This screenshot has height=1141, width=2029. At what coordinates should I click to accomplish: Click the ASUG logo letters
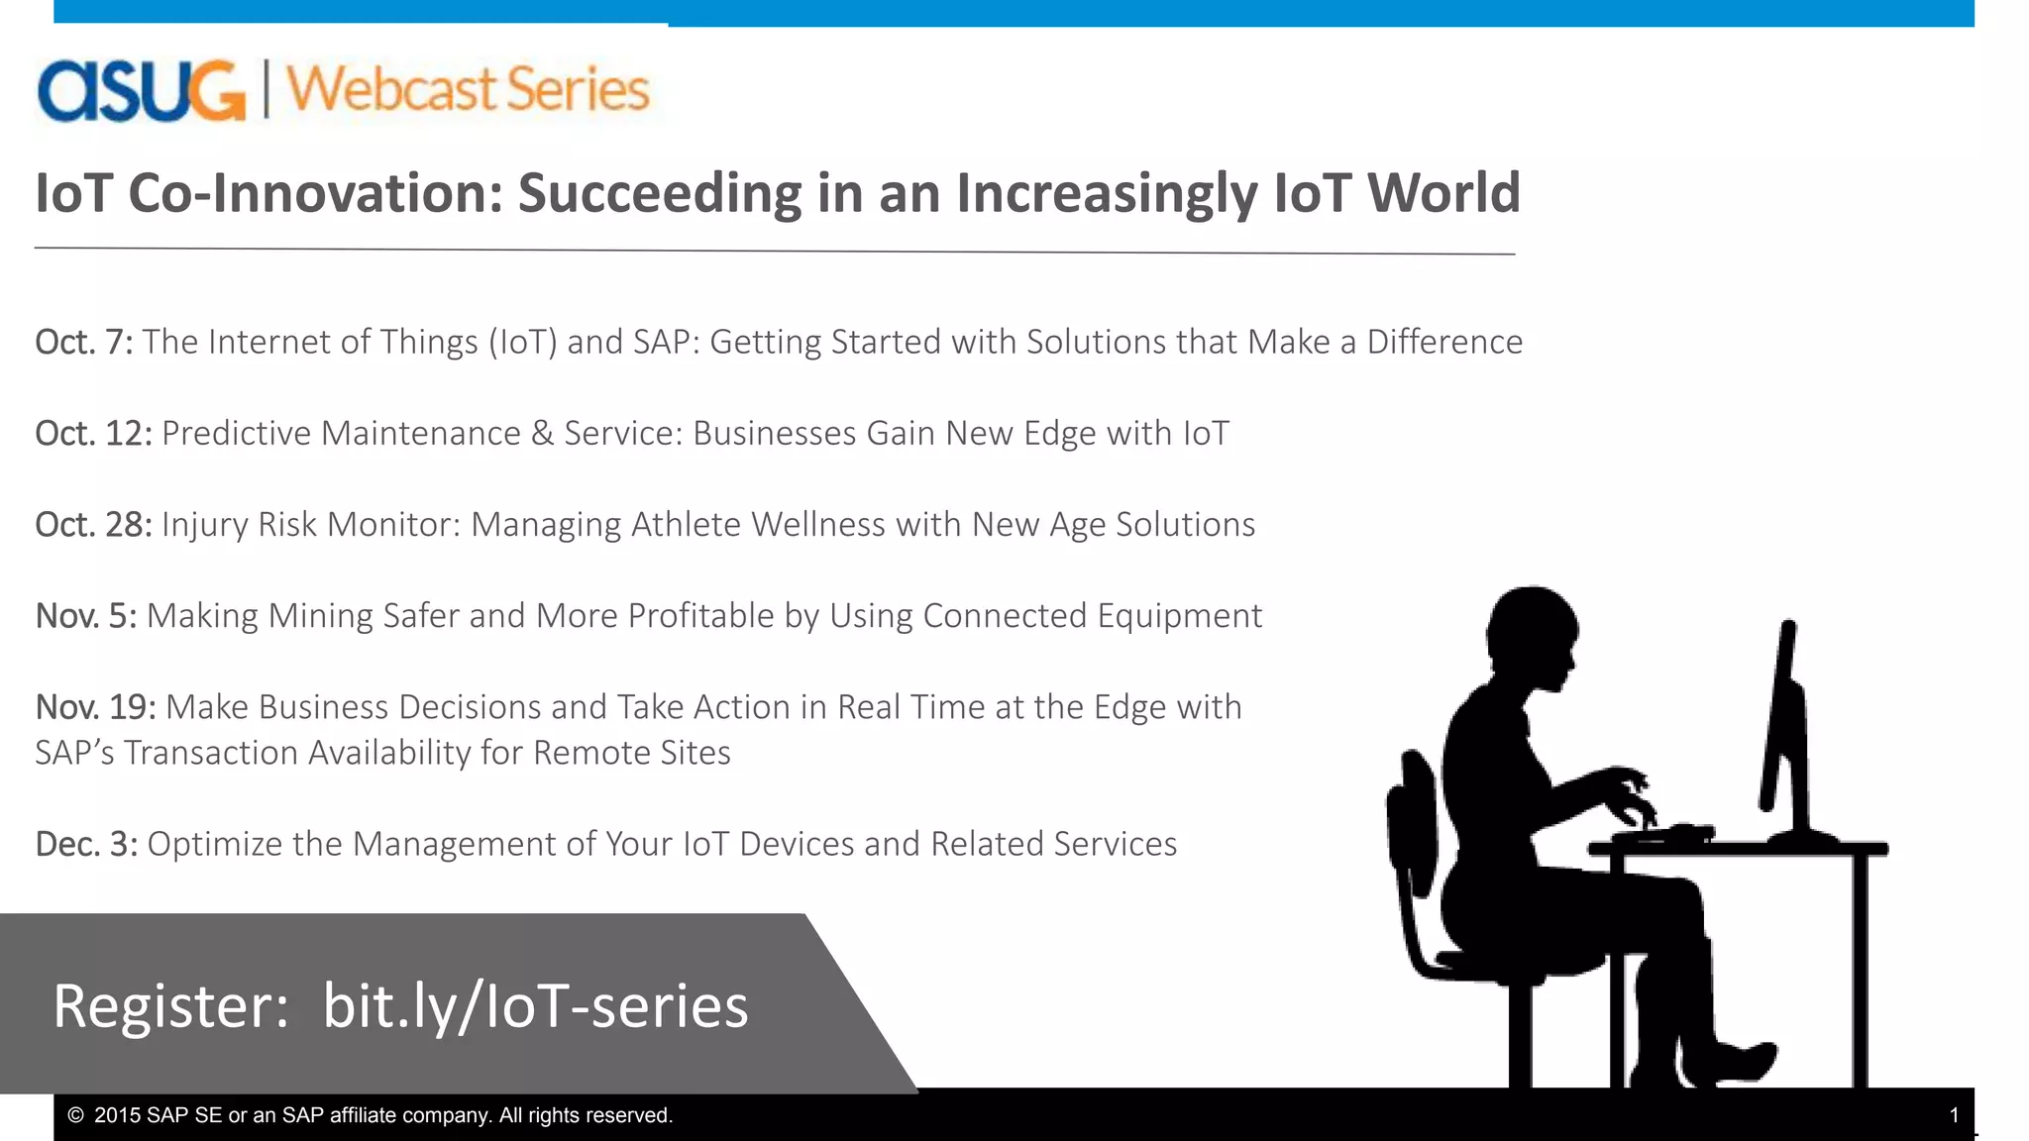pyautogui.click(x=141, y=91)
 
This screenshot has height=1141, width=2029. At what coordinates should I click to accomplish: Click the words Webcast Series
pyautogui.click(x=468, y=89)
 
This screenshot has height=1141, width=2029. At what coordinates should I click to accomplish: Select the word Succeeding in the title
pyautogui.click(x=659, y=193)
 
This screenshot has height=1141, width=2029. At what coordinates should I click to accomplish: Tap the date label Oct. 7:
pyautogui.click(x=84, y=342)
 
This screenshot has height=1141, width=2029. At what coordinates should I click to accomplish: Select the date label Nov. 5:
pyautogui.click(x=86, y=616)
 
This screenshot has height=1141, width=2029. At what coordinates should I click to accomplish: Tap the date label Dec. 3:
pyautogui.click(x=86, y=844)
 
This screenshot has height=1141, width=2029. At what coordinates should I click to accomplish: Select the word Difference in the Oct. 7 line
pyautogui.click(x=1444, y=342)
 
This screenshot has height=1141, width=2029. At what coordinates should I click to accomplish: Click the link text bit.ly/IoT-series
pyautogui.click(x=535, y=1006)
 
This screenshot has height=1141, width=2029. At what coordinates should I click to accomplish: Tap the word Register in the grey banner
pyautogui.click(x=170, y=1006)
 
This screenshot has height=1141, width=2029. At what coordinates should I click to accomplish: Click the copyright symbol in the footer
pyautogui.click(x=75, y=1115)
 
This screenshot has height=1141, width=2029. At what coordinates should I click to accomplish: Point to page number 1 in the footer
pyautogui.click(x=1954, y=1115)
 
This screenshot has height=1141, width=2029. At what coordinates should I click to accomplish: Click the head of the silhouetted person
pyautogui.click(x=1531, y=634)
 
